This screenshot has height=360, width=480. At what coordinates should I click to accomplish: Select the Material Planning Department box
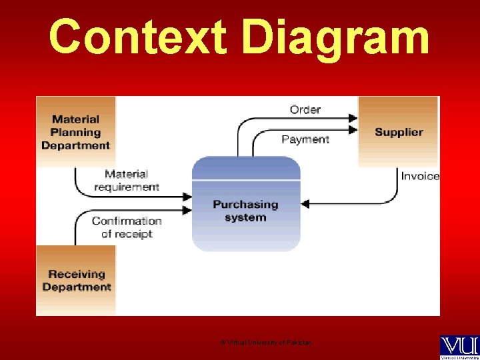[x=75, y=131]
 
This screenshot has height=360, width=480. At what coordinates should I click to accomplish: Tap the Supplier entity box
[x=398, y=132]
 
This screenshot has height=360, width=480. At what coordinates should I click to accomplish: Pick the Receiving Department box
[x=76, y=280]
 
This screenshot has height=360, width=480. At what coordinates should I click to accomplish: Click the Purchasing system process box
[x=245, y=204]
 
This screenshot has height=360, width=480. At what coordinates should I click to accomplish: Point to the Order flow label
[x=305, y=109]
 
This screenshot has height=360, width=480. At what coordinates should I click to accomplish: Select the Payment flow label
[x=305, y=139]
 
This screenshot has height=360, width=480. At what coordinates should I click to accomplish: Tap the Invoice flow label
[x=420, y=176]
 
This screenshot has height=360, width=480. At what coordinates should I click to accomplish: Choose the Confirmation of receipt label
[x=126, y=227]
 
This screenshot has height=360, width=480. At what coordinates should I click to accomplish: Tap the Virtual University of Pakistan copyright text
[x=265, y=343]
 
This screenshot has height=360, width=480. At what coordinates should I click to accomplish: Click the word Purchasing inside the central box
[x=245, y=205]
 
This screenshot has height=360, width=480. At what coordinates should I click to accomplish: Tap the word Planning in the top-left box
[x=75, y=132]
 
